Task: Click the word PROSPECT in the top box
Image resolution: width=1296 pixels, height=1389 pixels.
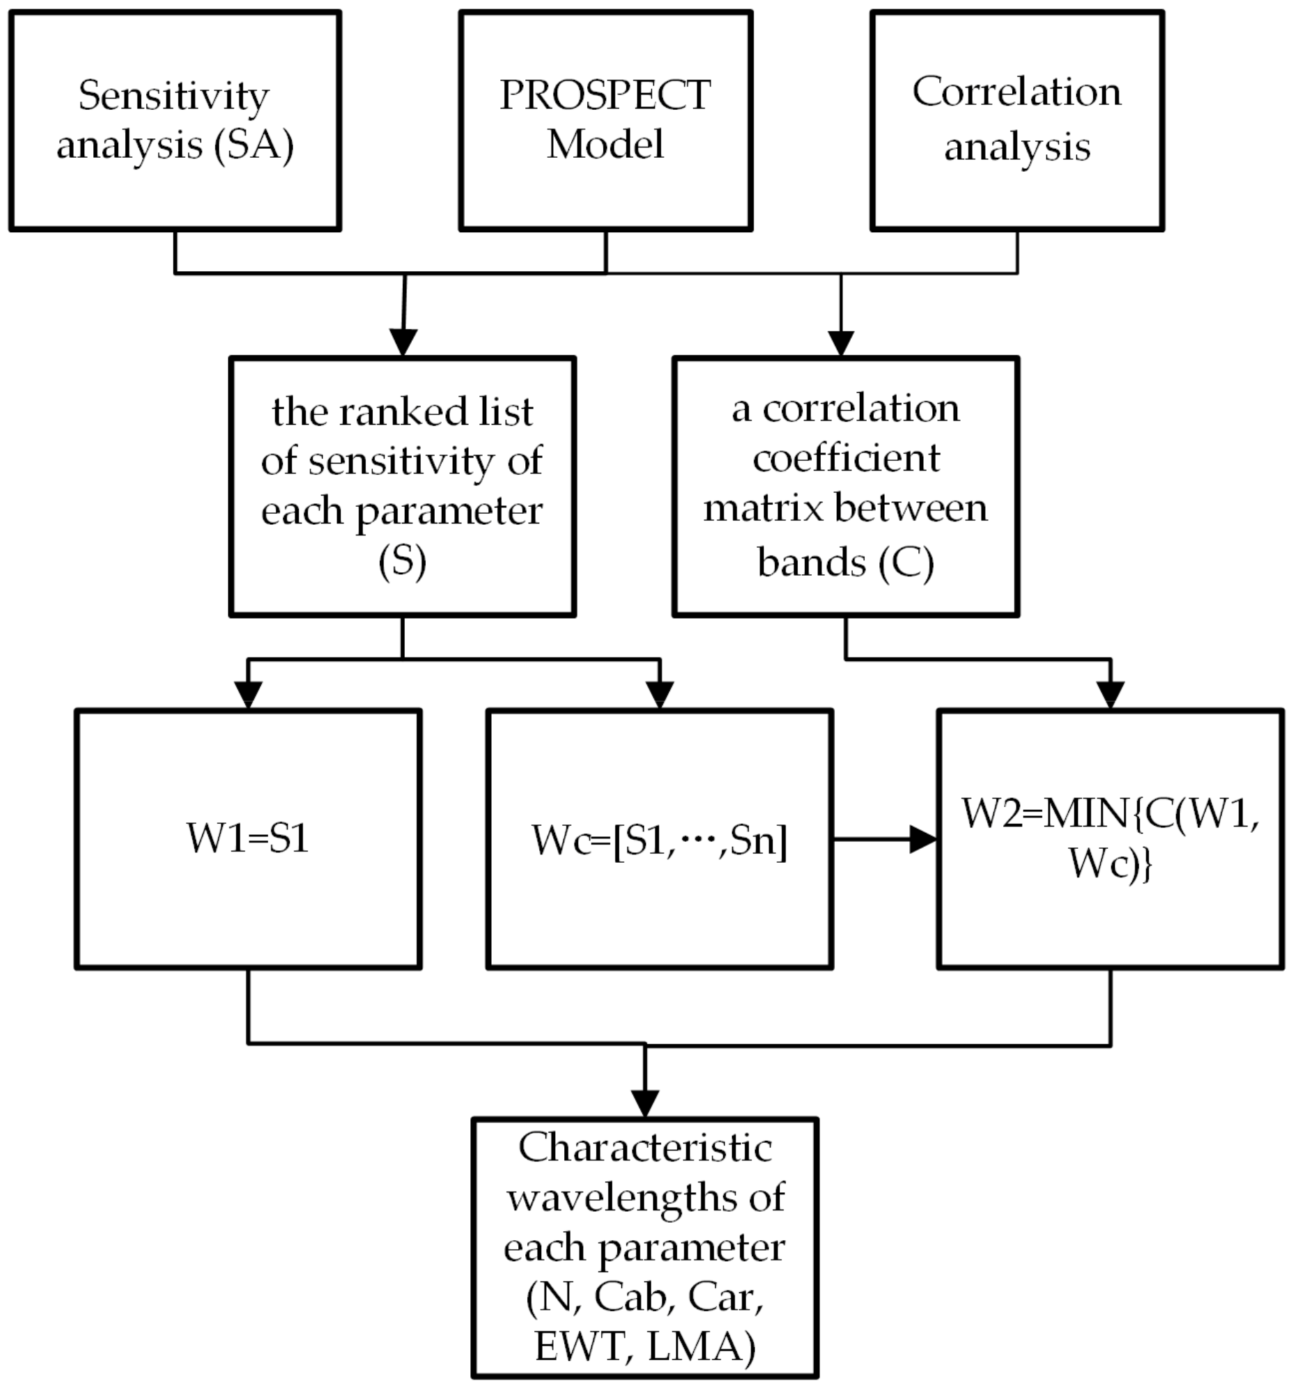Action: pos(605,95)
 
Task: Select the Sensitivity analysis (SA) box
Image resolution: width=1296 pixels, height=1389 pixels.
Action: pos(175,120)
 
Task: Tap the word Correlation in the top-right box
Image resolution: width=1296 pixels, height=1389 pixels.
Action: pos(1016,92)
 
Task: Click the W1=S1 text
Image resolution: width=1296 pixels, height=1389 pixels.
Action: pos(248,838)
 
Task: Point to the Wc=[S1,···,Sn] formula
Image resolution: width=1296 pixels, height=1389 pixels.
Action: pos(659,840)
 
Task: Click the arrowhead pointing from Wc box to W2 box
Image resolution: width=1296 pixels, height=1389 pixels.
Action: pos(922,838)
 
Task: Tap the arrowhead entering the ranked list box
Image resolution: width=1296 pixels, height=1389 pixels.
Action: pos(403,342)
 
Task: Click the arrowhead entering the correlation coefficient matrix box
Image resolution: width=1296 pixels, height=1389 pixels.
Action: pos(840,343)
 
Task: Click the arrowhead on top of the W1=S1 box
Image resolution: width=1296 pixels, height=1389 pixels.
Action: pos(248,694)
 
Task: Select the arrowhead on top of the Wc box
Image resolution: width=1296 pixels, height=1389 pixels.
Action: pos(659,694)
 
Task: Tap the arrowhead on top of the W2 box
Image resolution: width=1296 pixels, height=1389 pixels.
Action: pos(1110,694)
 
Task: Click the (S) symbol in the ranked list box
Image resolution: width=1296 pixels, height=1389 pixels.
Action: pos(402,561)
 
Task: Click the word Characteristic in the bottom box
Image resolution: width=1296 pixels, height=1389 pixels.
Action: pos(644,1148)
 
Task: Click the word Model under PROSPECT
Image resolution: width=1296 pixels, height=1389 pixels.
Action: pos(605,145)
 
